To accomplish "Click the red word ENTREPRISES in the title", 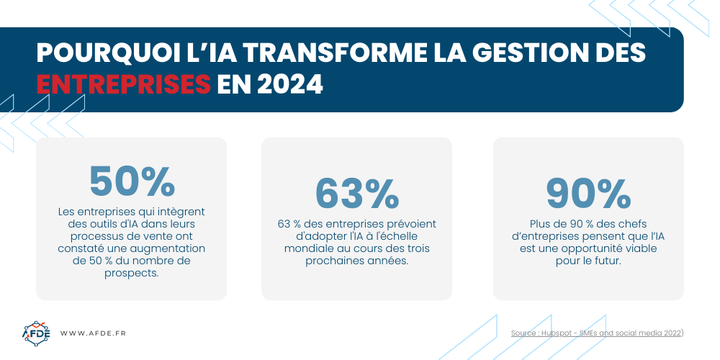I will (123, 84).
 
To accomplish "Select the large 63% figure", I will (356, 193).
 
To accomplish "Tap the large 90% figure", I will (588, 193).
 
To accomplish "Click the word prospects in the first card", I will (131, 273).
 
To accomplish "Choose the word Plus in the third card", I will (539, 224).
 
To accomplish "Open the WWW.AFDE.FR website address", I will (93, 333).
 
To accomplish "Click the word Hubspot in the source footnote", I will (559, 333).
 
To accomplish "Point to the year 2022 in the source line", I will (669, 333).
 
